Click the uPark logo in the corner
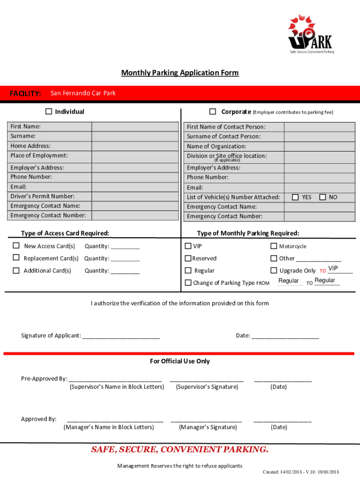point(311,34)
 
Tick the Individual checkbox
point(49,111)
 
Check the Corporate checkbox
point(213,111)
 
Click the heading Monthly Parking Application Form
point(180,73)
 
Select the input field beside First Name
point(135,127)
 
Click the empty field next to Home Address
point(135,146)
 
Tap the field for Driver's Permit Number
point(135,196)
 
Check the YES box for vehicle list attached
point(295,197)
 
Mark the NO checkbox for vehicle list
point(323,197)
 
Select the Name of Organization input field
point(322,146)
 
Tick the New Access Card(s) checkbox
point(16,246)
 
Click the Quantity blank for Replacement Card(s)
point(125,259)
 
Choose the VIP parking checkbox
point(188,246)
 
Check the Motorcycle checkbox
point(274,246)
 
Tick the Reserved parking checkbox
point(188,258)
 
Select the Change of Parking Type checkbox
point(188,283)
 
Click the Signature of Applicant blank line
point(121,336)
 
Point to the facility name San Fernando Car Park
point(83,93)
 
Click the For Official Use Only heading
point(180,361)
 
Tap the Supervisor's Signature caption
point(207,387)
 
